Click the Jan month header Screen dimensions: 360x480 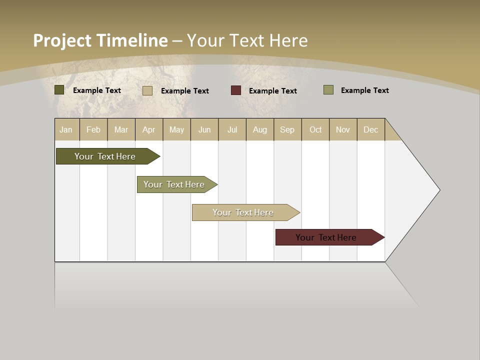coord(66,129)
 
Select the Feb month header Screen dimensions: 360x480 coord(93,129)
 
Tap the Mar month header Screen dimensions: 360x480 coord(121,129)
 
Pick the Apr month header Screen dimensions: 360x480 coord(149,129)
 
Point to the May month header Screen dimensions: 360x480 coord(176,129)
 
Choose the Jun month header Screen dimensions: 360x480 coord(204,129)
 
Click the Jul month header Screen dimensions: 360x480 coord(232,129)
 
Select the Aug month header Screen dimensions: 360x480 coord(260,129)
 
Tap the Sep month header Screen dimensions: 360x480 coord(287,129)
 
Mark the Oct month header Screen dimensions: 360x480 coord(315,129)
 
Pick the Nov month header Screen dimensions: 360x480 coord(343,129)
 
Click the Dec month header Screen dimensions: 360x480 coord(371,129)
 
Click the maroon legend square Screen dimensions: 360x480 coord(236,90)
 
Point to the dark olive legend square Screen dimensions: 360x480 coord(59,90)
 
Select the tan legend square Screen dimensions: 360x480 coord(147,91)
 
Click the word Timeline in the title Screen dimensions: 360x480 coord(132,40)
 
